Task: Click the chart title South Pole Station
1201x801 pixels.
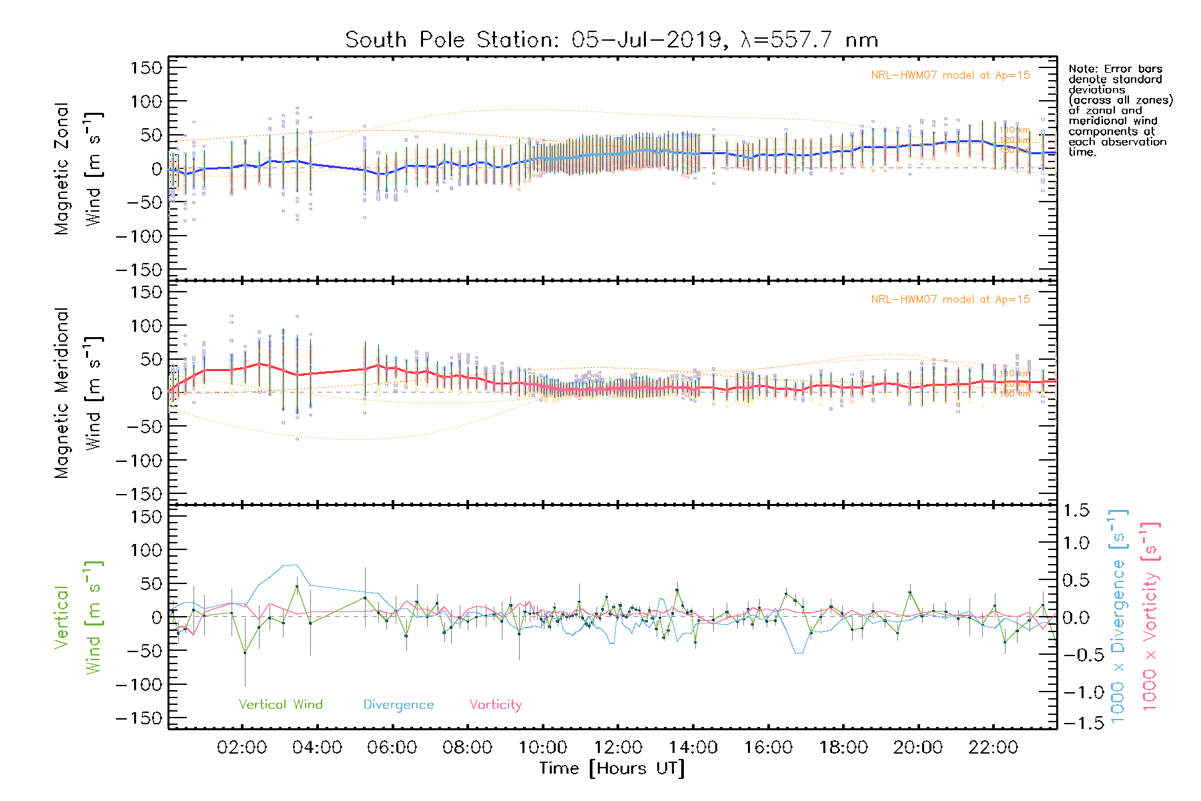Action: click(x=611, y=40)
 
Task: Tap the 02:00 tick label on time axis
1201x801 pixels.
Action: click(x=242, y=748)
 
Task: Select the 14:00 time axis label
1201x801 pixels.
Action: click(x=693, y=748)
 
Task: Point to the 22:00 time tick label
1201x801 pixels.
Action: click(x=993, y=748)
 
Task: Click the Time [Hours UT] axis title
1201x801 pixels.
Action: click(x=612, y=768)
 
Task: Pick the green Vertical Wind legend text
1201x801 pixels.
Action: click(x=280, y=705)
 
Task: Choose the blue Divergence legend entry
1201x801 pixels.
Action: click(x=398, y=705)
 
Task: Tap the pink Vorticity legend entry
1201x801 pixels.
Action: click(x=495, y=705)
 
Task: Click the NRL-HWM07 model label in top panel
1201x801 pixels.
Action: click(x=950, y=75)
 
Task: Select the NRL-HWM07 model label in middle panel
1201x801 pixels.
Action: click(x=950, y=300)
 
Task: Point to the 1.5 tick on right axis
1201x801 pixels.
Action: click(x=1076, y=511)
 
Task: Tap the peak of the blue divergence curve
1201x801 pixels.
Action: click(x=294, y=565)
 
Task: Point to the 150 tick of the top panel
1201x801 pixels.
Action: click(x=147, y=67)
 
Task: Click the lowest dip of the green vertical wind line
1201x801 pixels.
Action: click(x=245, y=652)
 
